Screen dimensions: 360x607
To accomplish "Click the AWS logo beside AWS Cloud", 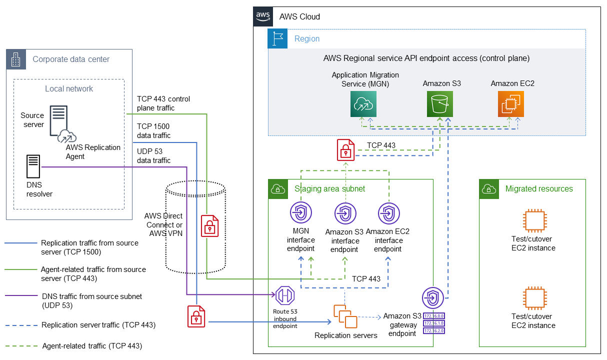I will coord(263,16).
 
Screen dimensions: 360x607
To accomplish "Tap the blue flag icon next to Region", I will coord(277,38).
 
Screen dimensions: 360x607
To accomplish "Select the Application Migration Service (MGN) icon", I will coord(363,104).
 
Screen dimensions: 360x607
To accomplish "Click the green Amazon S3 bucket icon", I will coord(439,104).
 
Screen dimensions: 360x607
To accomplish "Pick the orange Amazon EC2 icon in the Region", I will coord(510,104).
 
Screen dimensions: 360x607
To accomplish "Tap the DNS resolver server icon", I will coord(33,167).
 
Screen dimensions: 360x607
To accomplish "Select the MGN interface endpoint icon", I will coord(301,214).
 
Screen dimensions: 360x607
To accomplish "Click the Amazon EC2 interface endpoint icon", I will coord(387,214).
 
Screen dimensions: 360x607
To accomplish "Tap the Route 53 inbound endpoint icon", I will coord(285,296).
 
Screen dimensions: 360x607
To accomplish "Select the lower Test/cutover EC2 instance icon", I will coord(533,298).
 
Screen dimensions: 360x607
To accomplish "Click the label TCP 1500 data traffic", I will coord(154,131).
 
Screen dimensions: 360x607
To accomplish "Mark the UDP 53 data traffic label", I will coord(154,156).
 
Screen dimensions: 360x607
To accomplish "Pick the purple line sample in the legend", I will coord(20,296).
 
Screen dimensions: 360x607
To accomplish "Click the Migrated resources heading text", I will coord(539,189).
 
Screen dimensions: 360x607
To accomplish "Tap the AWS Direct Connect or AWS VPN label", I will coord(163,225).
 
